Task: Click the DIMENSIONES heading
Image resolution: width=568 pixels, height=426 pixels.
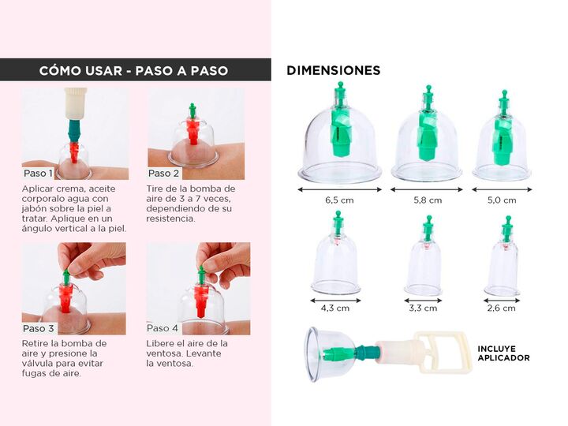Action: pyautogui.click(x=333, y=70)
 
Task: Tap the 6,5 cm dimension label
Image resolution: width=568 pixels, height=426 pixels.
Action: pyautogui.click(x=339, y=200)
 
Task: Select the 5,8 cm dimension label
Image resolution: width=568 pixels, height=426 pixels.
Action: pyautogui.click(x=428, y=200)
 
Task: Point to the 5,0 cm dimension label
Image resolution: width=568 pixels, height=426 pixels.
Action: pyautogui.click(x=502, y=200)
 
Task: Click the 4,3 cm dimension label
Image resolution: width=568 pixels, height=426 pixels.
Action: pyautogui.click(x=335, y=308)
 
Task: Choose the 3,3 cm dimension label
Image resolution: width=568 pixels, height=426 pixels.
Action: pyautogui.click(x=423, y=308)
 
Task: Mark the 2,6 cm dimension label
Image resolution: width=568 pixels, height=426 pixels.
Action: pyautogui.click(x=502, y=308)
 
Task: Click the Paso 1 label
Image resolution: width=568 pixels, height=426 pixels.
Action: pyautogui.click(x=38, y=173)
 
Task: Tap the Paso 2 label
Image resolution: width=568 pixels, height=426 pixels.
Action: pyautogui.click(x=163, y=173)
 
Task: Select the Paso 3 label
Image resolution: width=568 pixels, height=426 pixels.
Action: pyautogui.click(x=38, y=328)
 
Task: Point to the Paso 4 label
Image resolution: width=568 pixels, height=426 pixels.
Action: pyautogui.click(x=163, y=328)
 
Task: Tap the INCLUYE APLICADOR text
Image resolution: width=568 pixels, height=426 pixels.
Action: pyautogui.click(x=503, y=353)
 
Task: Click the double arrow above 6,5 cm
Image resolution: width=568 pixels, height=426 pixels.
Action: pyautogui.click(x=339, y=189)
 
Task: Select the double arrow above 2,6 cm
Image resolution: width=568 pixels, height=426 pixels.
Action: pyautogui.click(x=502, y=301)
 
